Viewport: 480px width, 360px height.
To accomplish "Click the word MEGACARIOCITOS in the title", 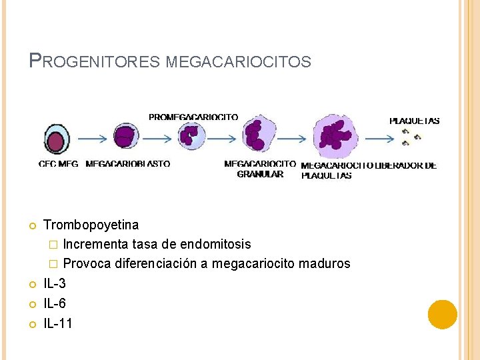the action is click(238, 63).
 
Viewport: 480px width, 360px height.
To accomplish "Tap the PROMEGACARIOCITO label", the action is click(193, 117).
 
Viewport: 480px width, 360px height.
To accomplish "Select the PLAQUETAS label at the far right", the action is click(414, 121).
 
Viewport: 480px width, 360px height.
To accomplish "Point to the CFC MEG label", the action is click(59, 163).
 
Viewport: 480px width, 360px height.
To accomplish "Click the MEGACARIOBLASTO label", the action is click(128, 163).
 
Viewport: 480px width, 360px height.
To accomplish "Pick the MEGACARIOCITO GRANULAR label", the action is click(260, 169).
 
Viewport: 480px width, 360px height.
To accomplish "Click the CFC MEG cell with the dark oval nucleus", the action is click(57, 140).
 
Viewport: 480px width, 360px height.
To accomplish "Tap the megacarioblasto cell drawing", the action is click(124, 137).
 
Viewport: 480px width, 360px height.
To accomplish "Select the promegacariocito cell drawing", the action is click(189, 136).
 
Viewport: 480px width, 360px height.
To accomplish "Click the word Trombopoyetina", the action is click(91, 225).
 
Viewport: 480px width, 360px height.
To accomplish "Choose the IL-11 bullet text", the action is click(58, 323).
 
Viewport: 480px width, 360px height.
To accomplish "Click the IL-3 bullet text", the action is click(55, 283).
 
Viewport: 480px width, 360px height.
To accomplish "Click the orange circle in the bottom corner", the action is click(443, 314).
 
